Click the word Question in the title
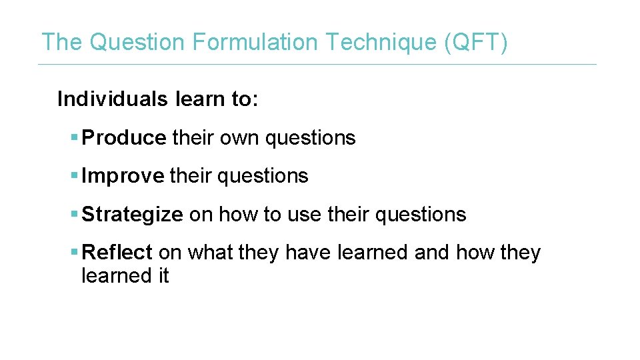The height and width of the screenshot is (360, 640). point(137,42)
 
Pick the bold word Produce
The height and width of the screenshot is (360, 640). point(124,138)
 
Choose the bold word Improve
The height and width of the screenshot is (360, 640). point(123,176)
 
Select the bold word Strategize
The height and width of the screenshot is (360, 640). point(132,215)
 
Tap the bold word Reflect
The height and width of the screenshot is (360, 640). point(117,253)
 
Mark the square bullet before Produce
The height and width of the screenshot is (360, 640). point(74,138)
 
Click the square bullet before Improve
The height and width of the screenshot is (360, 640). point(74,176)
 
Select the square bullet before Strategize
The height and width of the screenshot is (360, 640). point(74,215)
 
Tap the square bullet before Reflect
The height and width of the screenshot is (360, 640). point(74,253)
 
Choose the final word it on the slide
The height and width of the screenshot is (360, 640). point(163,275)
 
